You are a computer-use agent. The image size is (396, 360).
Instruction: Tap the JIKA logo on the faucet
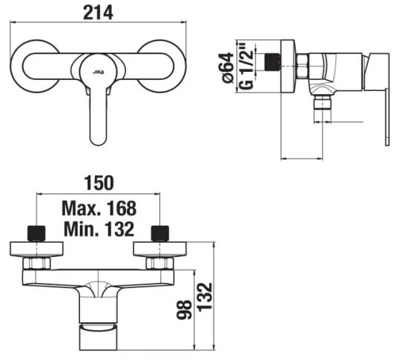point(98,70)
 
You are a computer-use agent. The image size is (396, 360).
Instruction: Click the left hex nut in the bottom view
point(36,263)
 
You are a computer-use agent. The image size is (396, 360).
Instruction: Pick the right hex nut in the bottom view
point(159,263)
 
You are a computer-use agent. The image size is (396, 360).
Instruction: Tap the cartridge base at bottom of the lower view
point(98,337)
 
